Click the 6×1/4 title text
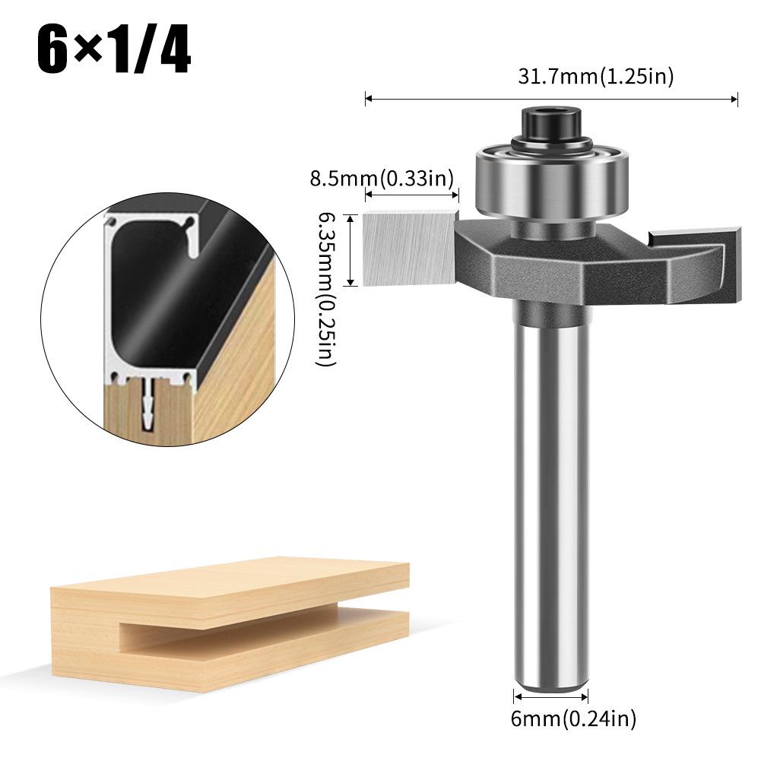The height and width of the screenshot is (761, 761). coord(113,50)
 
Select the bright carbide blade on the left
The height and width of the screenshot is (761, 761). coord(410,248)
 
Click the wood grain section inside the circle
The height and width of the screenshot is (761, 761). coord(243,357)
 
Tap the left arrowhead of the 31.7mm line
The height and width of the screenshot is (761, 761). coord(368,98)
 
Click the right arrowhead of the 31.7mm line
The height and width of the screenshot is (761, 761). coord(736,98)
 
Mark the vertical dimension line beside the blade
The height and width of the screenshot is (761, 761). coord(350,249)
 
